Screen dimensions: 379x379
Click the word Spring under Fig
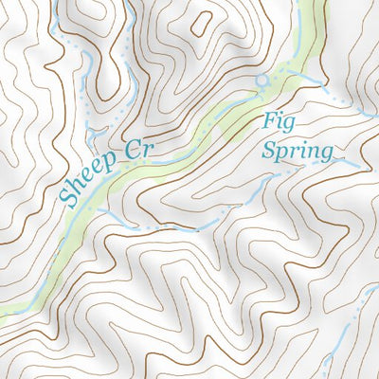coord(297,152)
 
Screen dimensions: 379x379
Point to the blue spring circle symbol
coord(262,81)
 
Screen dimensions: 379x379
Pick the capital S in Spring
coord(269,150)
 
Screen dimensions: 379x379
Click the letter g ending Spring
coord(325,154)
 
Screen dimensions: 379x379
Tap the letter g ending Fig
coord(280,126)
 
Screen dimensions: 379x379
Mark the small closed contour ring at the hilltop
coord(202,21)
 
